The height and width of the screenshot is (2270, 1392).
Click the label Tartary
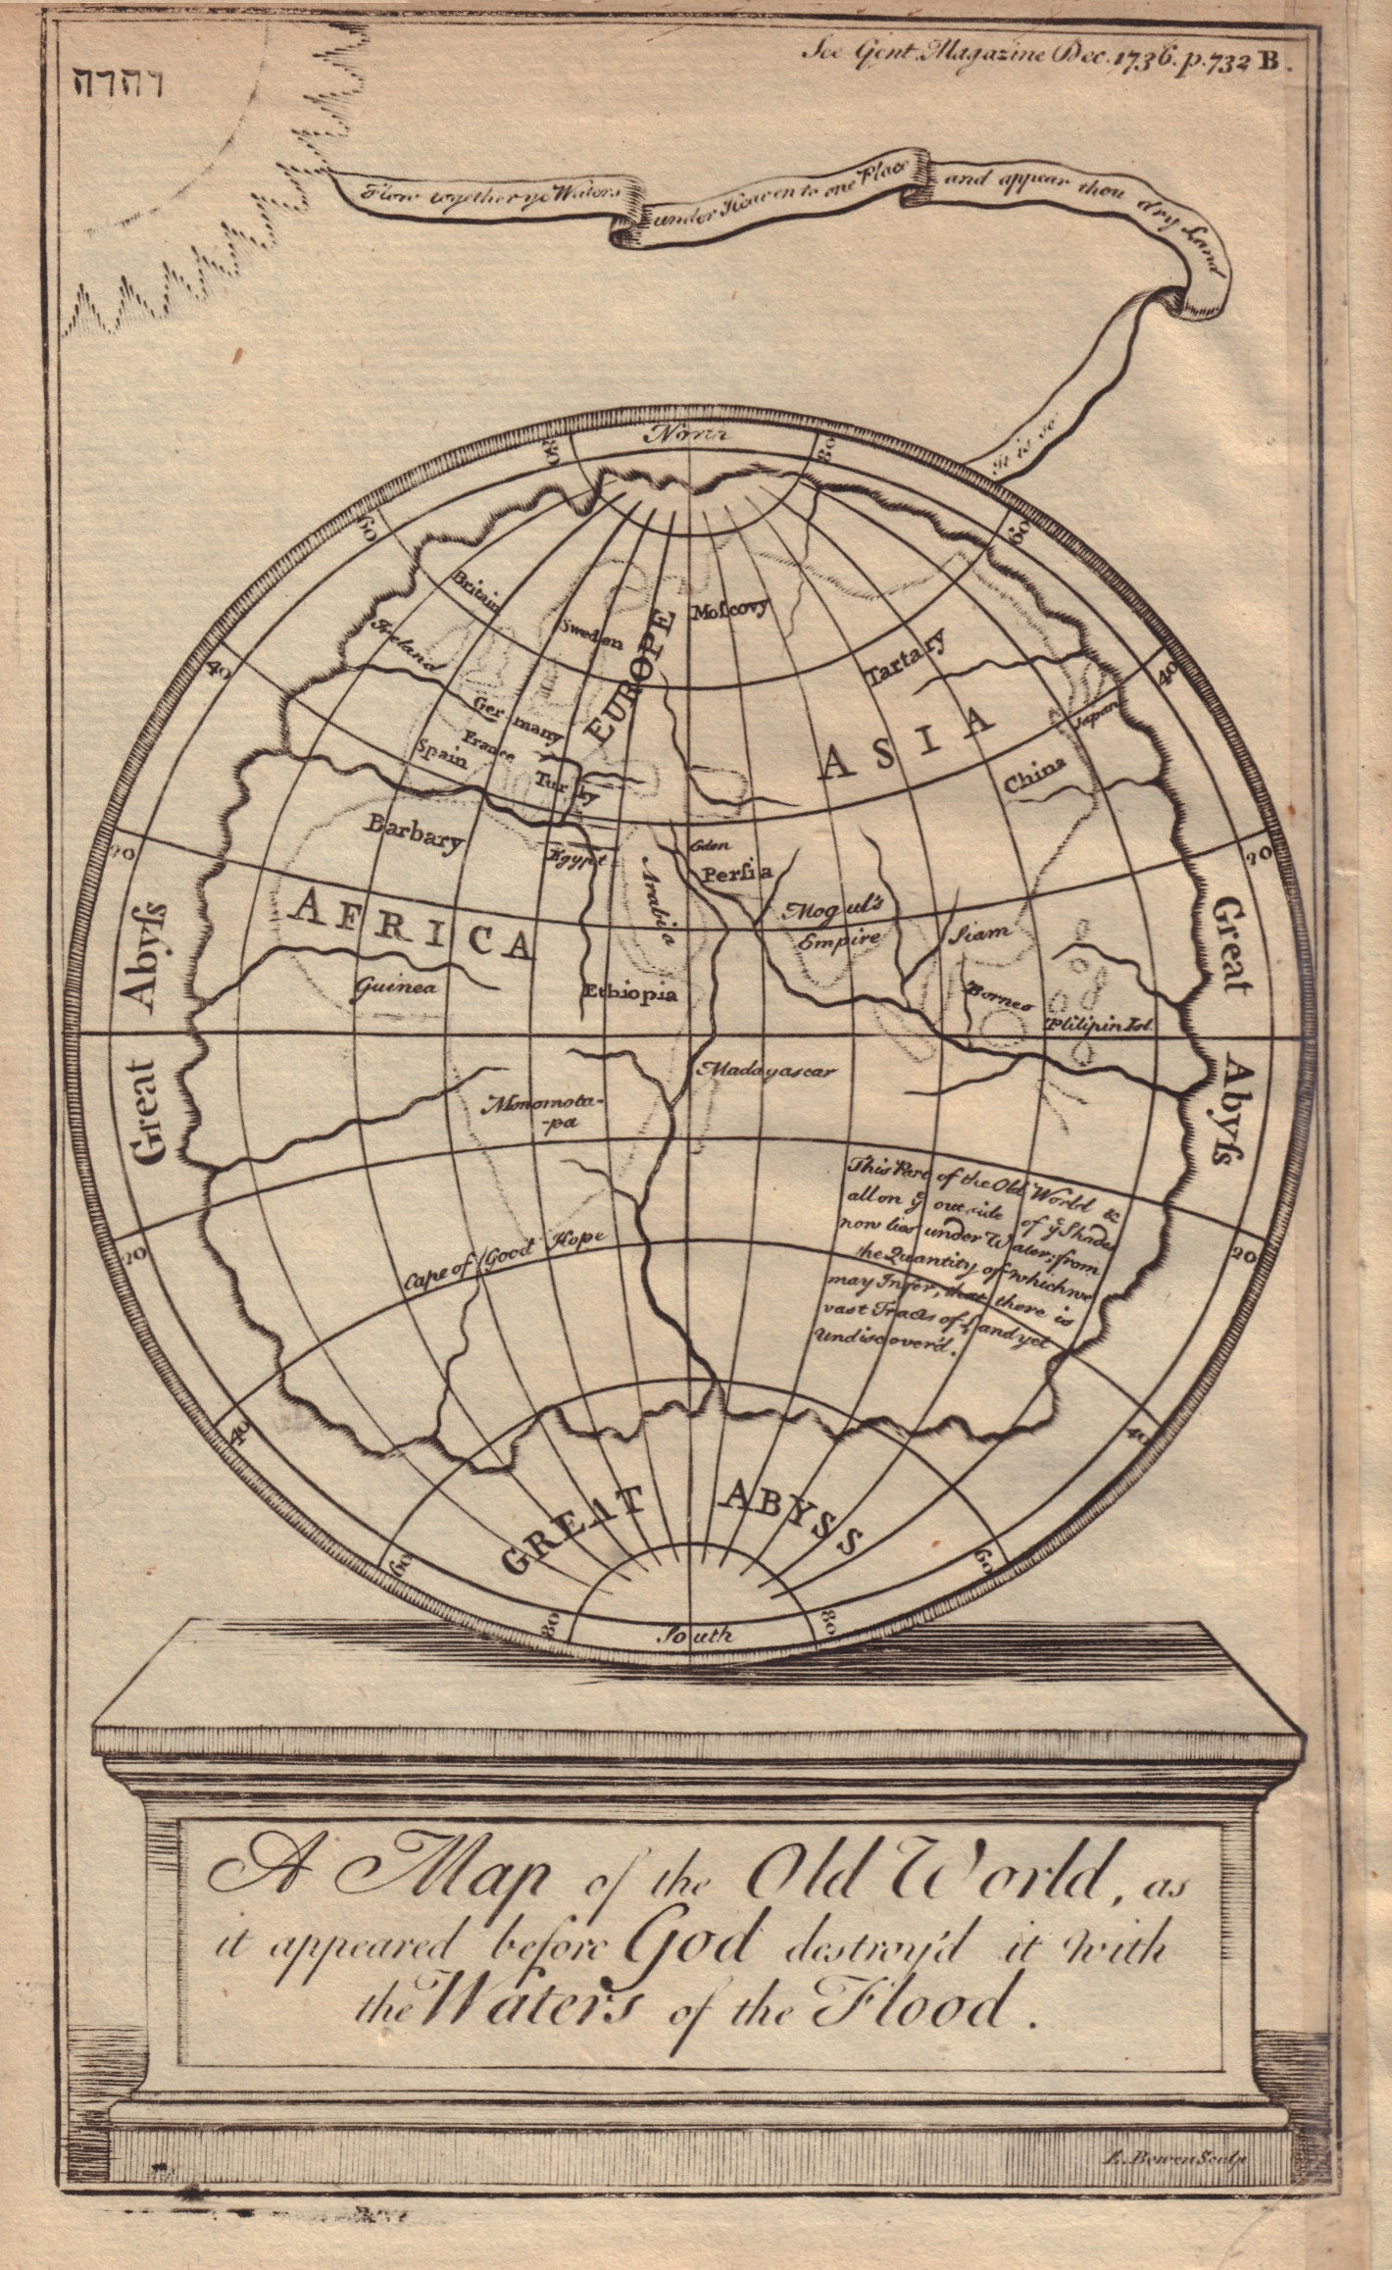coord(906,659)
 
